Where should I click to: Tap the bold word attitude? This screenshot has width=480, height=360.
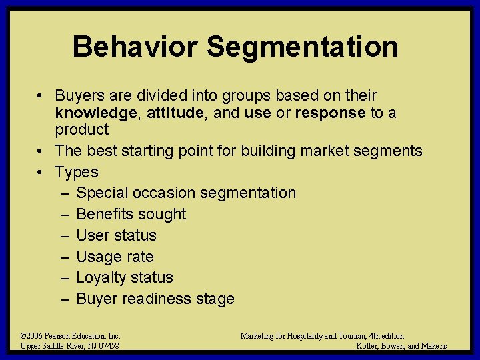(175, 113)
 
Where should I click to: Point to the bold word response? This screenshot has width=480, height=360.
(330, 113)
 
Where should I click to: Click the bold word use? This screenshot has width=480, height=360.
(257, 113)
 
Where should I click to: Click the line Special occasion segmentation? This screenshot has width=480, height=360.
(186, 193)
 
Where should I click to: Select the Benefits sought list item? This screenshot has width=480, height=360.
(131, 214)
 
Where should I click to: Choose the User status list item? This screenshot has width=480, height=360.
(117, 235)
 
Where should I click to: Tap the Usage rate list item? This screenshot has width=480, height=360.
(115, 257)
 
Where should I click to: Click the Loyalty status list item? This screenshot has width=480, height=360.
(125, 277)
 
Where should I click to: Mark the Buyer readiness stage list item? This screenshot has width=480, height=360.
(155, 299)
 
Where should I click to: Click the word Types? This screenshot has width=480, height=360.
(77, 172)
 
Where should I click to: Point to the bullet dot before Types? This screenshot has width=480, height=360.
(41, 172)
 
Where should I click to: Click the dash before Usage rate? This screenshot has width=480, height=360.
(65, 257)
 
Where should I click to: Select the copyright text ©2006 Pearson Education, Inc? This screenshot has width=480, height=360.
(70, 336)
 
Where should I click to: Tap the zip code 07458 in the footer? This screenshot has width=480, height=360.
(107, 345)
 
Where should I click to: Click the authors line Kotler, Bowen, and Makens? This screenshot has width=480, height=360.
(401, 345)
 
